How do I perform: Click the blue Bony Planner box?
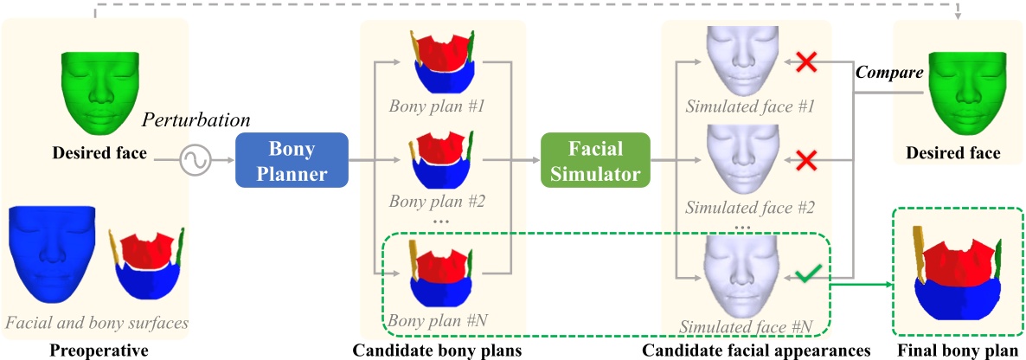292,160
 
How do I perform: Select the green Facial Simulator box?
594,160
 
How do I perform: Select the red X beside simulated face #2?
806,160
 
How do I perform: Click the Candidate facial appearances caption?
755,350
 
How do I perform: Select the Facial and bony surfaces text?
96,323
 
